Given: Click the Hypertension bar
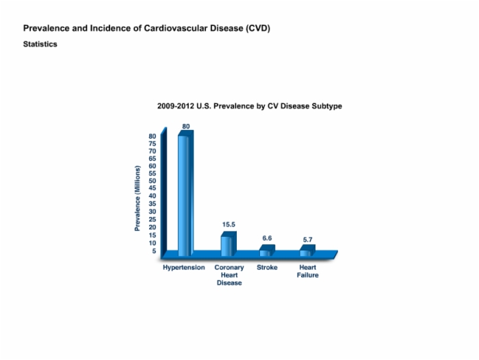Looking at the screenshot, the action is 185,194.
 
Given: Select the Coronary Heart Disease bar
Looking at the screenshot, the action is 229,244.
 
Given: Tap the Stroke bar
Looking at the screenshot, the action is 268,250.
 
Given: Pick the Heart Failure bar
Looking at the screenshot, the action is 307,250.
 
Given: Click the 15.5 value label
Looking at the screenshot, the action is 229,224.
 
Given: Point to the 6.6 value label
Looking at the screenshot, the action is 267,238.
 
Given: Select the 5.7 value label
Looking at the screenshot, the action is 308,240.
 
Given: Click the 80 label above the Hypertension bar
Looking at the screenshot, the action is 185,126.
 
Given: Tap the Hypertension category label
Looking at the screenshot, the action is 183,268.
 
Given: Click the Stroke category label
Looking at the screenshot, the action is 267,268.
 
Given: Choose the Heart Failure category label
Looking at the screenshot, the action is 308,271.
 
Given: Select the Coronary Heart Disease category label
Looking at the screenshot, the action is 229,275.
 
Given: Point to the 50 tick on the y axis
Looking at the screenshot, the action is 152,181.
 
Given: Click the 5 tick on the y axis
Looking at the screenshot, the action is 154,251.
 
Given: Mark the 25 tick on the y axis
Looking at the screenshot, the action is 152,220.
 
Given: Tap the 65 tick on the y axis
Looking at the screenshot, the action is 152,159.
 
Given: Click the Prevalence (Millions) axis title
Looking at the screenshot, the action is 138,198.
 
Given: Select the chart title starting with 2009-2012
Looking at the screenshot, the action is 250,106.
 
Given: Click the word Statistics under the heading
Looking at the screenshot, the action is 40,44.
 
